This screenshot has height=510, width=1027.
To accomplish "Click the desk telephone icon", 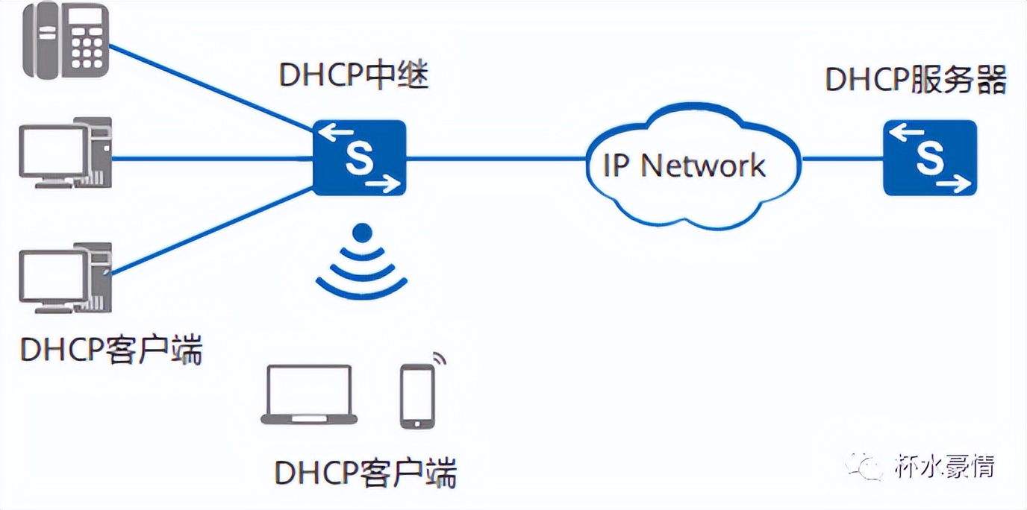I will pos(66,42).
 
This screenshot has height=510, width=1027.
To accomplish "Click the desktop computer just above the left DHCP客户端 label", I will pos(65,277).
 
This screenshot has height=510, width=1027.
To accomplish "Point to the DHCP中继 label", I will pos(354,76).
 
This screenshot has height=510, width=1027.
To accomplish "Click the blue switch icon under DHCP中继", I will pos(359,158).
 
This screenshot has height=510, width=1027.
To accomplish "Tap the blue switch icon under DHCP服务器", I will pos(929,158).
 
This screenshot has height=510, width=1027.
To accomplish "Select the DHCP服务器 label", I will pos(916,80).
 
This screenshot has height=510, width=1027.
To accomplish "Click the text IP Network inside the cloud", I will pos(684,166).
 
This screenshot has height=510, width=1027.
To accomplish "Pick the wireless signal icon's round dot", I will pos(362,233).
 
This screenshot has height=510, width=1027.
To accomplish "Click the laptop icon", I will pos(309,395).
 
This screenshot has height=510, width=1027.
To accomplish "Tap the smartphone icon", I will pos(417,396).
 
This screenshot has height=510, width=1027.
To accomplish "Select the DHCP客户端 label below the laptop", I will pos(366,472).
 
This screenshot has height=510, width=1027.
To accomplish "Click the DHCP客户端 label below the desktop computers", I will pos(111,349).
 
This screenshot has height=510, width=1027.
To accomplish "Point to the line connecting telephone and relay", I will pos(209,89).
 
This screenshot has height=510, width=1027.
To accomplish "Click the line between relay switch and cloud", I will pos(496,158).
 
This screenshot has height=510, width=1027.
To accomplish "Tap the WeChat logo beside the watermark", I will pos(866,467).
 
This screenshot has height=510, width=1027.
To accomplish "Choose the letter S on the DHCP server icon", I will pos(928,158).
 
